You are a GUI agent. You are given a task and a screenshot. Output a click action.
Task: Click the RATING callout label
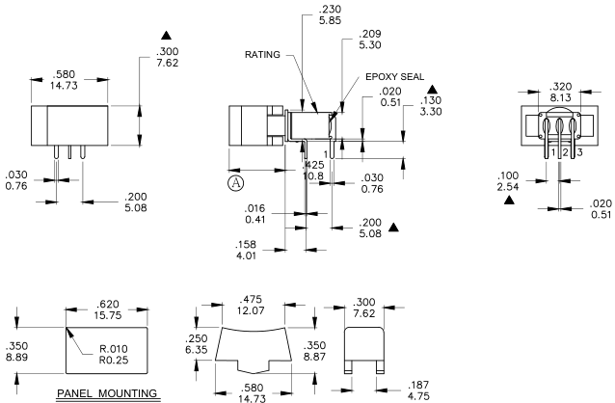click(x=262, y=55)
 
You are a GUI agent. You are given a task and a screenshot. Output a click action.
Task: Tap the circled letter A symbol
click(x=235, y=181)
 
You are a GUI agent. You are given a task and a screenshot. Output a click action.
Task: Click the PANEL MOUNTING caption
click(x=107, y=393)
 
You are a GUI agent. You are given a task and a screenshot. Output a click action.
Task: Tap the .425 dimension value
click(x=313, y=165)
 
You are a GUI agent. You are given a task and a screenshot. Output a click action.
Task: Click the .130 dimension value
click(x=432, y=100)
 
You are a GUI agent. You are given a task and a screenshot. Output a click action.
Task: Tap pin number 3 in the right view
click(x=578, y=152)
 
